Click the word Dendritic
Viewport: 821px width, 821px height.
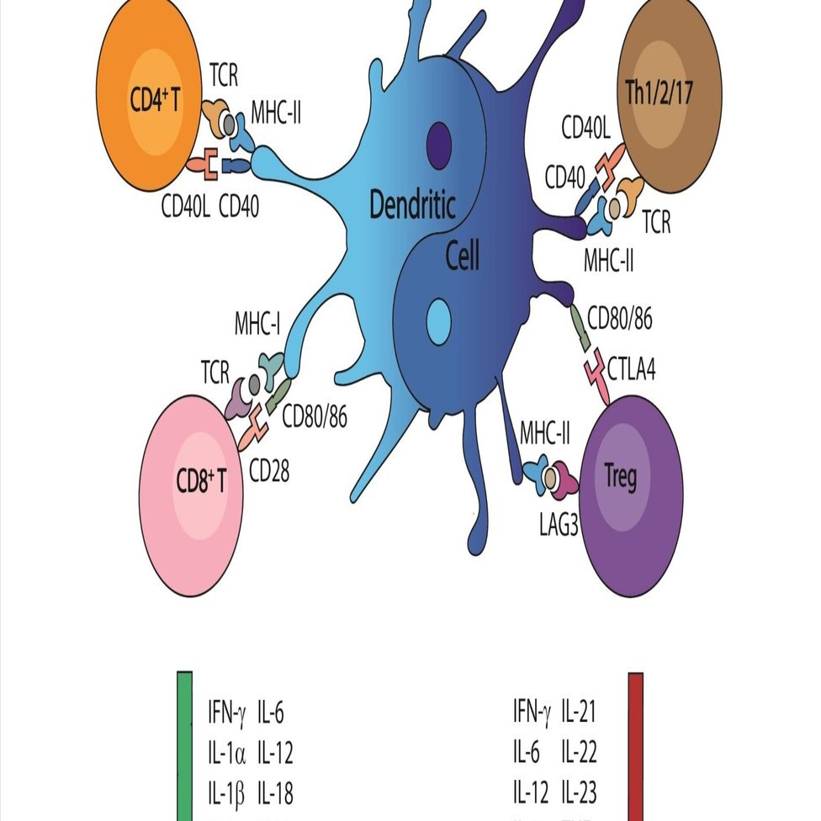coord(412,205)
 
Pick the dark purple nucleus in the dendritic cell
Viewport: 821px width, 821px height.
coord(438,140)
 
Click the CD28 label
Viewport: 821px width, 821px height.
coord(268,471)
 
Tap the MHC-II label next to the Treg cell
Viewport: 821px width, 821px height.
coord(545,436)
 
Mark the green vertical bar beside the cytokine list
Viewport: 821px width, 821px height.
coord(185,745)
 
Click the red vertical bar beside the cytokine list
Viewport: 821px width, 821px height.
coord(636,745)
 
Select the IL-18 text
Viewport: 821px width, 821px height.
coord(275,792)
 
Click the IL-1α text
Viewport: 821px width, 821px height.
coord(226,753)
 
